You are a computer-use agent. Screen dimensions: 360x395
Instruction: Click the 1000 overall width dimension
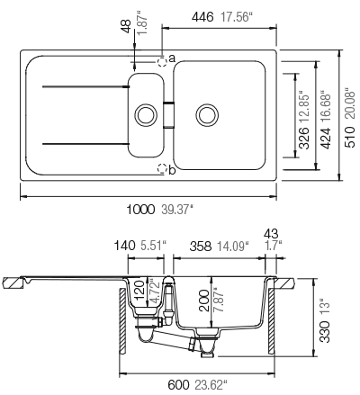coord(140,210)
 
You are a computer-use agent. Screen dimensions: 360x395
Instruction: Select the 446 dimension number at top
coord(202,17)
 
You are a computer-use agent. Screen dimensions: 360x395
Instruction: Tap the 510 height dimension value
coord(350,137)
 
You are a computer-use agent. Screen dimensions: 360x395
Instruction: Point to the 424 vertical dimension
coord(325,138)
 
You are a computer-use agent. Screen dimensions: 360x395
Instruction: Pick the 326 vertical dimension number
coord(304,138)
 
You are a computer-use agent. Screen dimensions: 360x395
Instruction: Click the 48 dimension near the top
coord(126,26)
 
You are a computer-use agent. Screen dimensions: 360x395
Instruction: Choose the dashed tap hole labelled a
coord(162,62)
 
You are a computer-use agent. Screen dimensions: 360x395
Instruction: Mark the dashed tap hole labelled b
coord(162,168)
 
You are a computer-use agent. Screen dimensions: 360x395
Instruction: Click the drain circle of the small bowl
coord(146,115)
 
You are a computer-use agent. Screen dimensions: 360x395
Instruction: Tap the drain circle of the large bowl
coord(207,115)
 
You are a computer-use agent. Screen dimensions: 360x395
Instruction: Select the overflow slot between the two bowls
coord(168,115)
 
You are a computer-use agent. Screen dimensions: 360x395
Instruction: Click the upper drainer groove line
coord(86,86)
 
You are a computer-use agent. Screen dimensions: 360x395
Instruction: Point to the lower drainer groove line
coord(86,144)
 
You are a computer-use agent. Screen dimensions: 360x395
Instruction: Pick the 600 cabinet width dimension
coord(178,385)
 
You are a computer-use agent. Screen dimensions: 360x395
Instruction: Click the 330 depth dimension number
coord(324,331)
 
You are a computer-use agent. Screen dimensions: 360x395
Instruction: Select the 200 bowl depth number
coord(204,301)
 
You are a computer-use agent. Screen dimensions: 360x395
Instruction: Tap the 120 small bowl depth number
coord(139,290)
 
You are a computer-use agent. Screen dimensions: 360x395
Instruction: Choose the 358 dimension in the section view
coord(201,247)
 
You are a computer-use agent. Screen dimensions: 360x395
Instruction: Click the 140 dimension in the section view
coord(124,246)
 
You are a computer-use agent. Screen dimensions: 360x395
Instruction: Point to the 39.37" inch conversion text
coord(176,210)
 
